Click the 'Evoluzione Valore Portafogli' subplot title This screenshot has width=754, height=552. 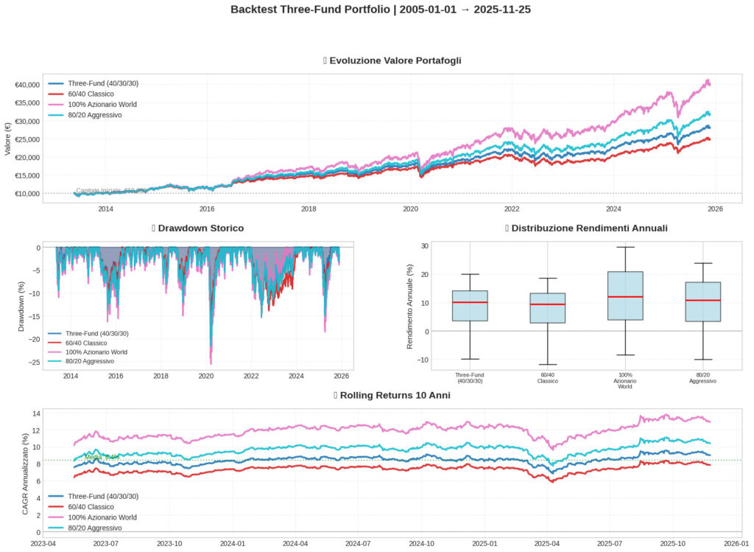tap(396, 60)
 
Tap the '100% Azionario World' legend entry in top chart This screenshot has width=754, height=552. tap(102, 105)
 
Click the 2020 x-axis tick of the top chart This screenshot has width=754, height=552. tap(410, 209)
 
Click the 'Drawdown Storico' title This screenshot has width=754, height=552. tap(201, 228)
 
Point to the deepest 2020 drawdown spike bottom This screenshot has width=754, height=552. tap(211, 363)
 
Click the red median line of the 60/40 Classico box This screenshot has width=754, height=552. tap(548, 304)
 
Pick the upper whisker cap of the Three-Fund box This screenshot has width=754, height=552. tap(470, 274)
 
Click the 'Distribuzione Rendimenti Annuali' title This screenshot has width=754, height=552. tap(590, 228)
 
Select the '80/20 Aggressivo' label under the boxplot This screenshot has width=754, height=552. tap(702, 378)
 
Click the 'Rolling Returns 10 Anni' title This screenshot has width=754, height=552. tap(395, 396)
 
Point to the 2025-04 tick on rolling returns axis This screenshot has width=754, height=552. tap(547, 543)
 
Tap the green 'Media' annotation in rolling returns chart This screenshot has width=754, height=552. tap(102, 457)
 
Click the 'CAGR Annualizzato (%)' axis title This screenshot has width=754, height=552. tap(25, 474)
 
